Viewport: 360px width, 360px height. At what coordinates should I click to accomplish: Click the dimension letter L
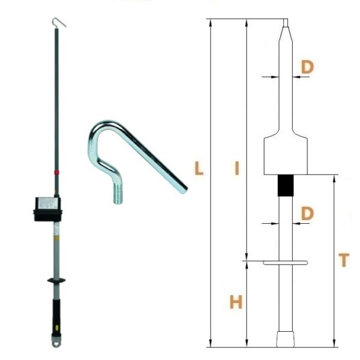pos(199,168)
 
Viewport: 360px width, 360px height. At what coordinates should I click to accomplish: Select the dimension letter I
pos(237,168)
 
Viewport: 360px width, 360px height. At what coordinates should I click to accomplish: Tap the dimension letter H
pos(236,302)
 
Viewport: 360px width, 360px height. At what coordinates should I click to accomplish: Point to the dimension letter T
pos(344,260)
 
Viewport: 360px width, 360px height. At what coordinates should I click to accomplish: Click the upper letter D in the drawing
pos(307,67)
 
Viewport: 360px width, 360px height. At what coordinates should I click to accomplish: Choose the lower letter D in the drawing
pos(307,213)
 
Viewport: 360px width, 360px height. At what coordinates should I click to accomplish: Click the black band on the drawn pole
pos(286,185)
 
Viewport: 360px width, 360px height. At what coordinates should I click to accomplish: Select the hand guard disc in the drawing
pos(286,263)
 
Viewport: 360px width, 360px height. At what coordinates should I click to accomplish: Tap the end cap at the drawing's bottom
pos(286,339)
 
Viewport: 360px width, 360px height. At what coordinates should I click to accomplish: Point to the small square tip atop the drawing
pos(286,23)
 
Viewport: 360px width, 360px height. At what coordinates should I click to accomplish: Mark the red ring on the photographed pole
pos(56,172)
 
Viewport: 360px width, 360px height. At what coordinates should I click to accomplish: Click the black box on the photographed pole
pos(48,209)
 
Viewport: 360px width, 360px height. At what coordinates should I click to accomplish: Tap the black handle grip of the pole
pos(56,317)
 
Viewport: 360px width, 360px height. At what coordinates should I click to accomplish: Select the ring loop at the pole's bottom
pos(56,343)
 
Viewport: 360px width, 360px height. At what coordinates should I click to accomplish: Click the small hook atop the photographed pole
pos(59,22)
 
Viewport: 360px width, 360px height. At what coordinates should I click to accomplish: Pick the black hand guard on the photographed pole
pos(56,280)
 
